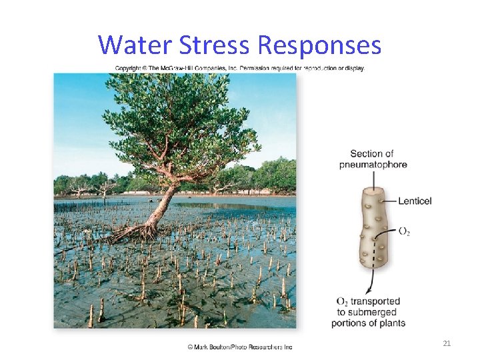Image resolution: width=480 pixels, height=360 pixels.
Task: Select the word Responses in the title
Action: point(319,45)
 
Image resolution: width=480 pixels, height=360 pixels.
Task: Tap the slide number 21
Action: point(447,343)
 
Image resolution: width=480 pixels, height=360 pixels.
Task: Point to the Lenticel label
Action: point(415,201)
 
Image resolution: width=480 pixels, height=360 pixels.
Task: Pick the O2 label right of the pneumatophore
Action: point(404,231)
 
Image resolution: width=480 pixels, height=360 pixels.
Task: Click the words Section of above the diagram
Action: point(371,154)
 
